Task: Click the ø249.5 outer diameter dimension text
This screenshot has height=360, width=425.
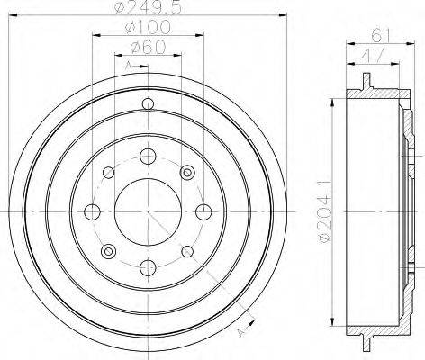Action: pyautogui.click(x=149, y=8)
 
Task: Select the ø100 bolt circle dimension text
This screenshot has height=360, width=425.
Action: pyautogui.click(x=149, y=28)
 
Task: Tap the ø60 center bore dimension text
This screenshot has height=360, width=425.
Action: pyautogui.click(x=149, y=48)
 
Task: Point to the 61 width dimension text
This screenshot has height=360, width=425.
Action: pyautogui.click(x=381, y=35)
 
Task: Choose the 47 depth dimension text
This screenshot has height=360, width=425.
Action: pyautogui.click(x=373, y=56)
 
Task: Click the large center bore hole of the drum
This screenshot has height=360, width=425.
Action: pyautogui.click(x=149, y=212)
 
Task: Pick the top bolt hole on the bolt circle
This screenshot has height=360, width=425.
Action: pyautogui.click(x=149, y=157)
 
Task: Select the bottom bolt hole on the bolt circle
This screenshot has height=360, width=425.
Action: pyautogui.click(x=149, y=267)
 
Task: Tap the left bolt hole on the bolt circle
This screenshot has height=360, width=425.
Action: pyautogui.click(x=93, y=212)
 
